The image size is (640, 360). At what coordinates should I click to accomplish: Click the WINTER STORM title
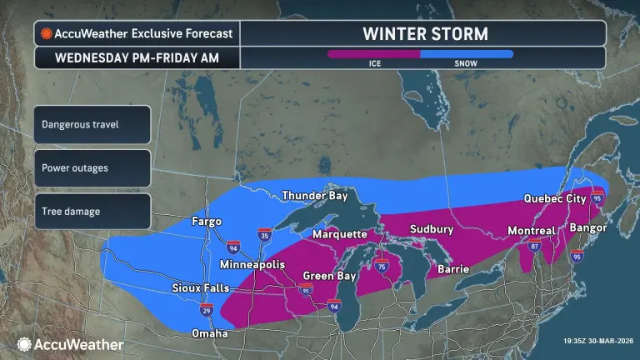[424, 33]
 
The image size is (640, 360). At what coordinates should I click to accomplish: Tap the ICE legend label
[376, 63]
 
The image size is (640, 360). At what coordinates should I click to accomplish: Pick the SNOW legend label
[466, 63]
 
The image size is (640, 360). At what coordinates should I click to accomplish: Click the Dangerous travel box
[92, 124]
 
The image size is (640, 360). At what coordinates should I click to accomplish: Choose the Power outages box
[92, 167]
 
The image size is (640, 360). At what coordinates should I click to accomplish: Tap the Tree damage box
[92, 211]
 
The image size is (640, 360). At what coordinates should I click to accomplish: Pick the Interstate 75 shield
[382, 265]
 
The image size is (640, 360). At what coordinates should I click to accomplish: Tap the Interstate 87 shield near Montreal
[534, 247]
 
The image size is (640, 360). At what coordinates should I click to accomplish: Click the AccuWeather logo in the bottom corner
[70, 344]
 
